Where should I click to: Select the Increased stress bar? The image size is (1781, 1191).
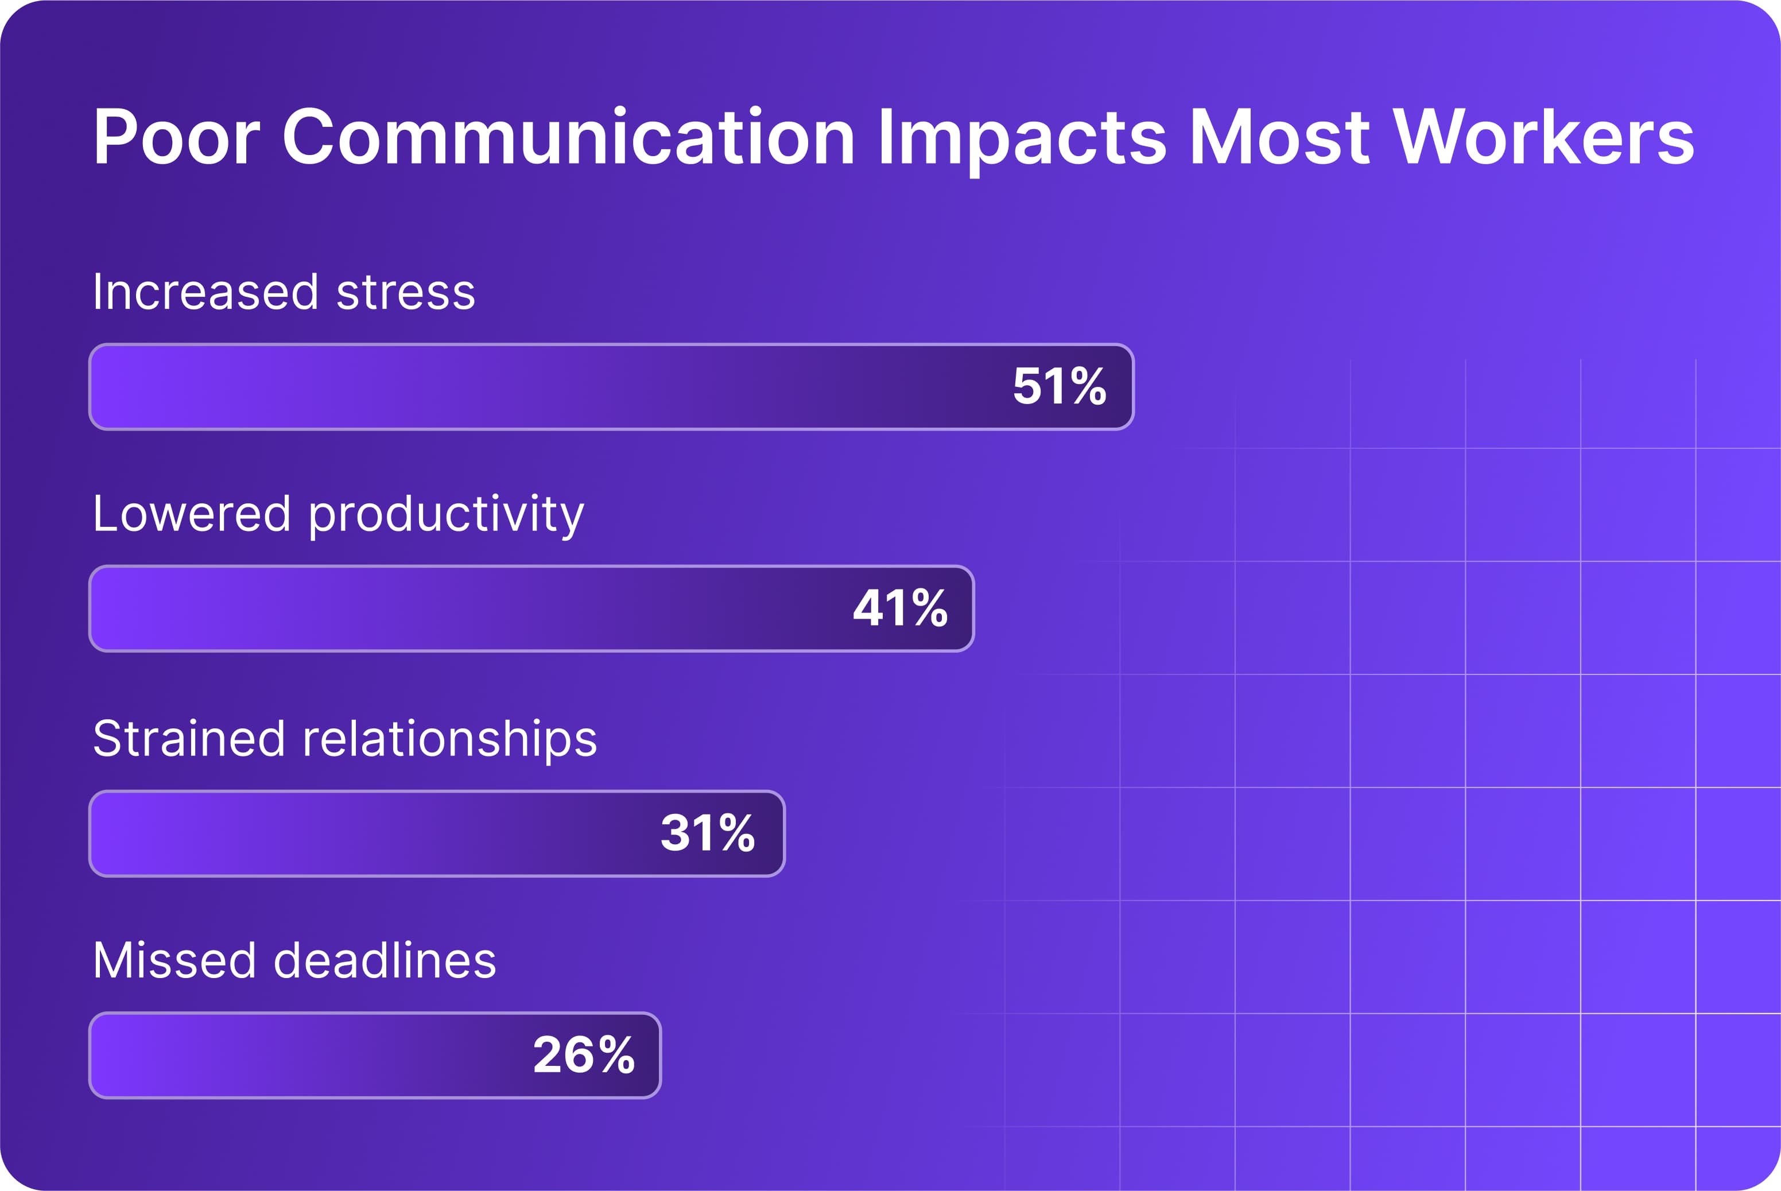[531, 387]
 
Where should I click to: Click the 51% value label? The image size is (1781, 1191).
[1060, 387]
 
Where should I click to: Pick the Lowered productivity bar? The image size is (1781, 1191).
[456, 608]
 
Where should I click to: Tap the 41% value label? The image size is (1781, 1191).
[900, 608]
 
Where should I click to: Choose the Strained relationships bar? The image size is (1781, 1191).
[364, 833]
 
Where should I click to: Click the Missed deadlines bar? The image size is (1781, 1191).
[304, 1055]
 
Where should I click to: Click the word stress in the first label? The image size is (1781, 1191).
[406, 292]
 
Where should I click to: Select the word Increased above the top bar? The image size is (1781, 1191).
[205, 292]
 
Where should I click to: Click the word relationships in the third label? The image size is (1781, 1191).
[449, 740]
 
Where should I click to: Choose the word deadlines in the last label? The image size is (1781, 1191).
[385, 961]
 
